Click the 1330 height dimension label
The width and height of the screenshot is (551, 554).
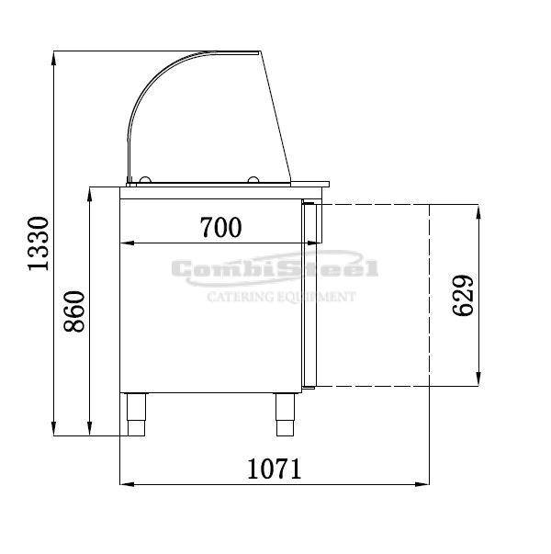point(39,243)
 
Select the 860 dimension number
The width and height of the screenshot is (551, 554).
point(74,311)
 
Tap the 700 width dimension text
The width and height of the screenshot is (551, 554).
point(221,227)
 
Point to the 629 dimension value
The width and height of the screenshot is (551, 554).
point(463,295)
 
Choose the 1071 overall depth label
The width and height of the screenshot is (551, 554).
point(274,469)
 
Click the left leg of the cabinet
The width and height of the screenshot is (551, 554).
point(136,414)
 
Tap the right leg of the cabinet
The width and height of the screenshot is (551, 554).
point(285,414)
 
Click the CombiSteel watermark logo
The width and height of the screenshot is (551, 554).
point(275,269)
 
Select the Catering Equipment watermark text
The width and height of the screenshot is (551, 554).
point(281,297)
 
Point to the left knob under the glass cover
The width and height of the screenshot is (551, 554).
point(145,180)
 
